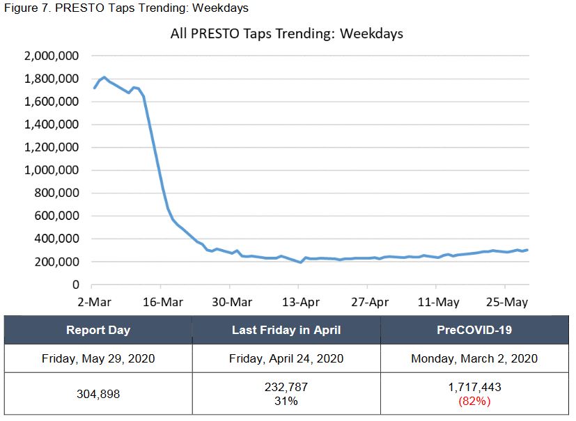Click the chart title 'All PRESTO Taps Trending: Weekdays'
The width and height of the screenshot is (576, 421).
286,33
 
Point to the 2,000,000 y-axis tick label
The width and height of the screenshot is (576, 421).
52,56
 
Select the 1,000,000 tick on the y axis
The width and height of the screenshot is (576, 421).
52,170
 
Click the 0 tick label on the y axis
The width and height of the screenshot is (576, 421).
77,285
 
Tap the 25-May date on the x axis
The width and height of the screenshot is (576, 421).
505,302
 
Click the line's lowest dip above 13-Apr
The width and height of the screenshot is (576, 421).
301,262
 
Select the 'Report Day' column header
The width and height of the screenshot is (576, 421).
98,330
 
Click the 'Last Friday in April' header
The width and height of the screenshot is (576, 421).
286,330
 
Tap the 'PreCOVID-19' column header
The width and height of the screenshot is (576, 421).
474,330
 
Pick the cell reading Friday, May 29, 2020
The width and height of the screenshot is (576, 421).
98,358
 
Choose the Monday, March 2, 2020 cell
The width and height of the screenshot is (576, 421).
474,358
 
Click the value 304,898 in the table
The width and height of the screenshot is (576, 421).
98,394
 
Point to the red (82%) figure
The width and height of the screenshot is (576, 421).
474,401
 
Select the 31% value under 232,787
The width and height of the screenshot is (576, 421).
286,401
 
